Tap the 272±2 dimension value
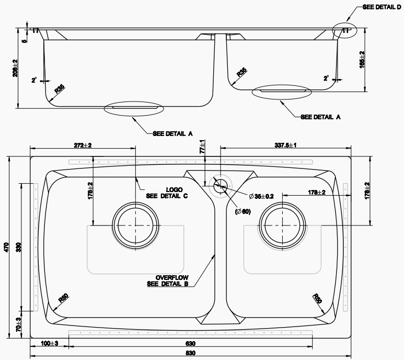coord(83,145)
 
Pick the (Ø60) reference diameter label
coord(243,211)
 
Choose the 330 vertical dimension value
coord(18,246)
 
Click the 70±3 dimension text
coord(18,325)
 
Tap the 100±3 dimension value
coord(50,344)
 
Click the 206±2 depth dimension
coord(15,68)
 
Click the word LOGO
coord(174,189)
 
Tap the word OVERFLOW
coord(172,277)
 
